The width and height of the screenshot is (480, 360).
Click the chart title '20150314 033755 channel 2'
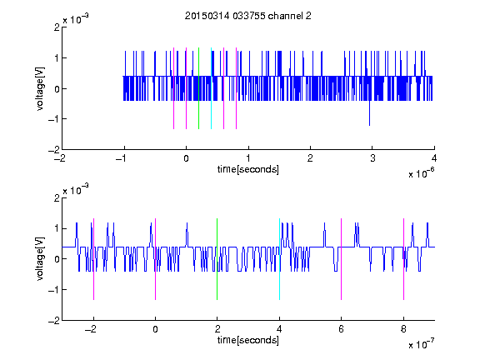(x=248, y=16)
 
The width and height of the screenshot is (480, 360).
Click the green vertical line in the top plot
(x=198, y=88)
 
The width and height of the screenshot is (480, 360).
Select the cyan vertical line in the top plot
(x=211, y=88)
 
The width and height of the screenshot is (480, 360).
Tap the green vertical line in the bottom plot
(x=217, y=259)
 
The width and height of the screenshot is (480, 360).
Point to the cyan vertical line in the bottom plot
(x=279, y=259)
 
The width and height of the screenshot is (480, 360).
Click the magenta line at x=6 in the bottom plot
(x=342, y=259)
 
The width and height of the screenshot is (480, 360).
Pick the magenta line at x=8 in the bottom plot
(x=404, y=259)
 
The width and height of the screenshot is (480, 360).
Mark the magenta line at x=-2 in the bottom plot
(x=93, y=259)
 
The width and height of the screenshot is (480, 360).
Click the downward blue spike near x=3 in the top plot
(x=369, y=113)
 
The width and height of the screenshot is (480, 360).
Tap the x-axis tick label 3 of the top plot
(x=372, y=158)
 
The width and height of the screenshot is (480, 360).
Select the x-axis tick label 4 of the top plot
(x=434, y=158)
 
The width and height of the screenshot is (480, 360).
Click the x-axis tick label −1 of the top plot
(x=122, y=158)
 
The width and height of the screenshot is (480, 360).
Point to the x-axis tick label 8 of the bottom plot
(x=403, y=329)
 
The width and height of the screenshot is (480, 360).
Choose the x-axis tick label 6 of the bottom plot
(x=342, y=329)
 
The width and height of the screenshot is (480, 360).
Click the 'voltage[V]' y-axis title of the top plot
(x=40, y=88)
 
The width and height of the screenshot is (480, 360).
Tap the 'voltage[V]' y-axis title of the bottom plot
(x=40, y=259)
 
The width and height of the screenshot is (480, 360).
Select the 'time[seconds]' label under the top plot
(x=248, y=169)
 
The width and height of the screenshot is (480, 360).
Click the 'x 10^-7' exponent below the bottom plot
(x=421, y=344)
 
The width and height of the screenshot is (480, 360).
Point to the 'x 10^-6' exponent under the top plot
(x=421, y=173)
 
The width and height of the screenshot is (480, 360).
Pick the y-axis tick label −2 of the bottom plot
(x=54, y=321)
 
